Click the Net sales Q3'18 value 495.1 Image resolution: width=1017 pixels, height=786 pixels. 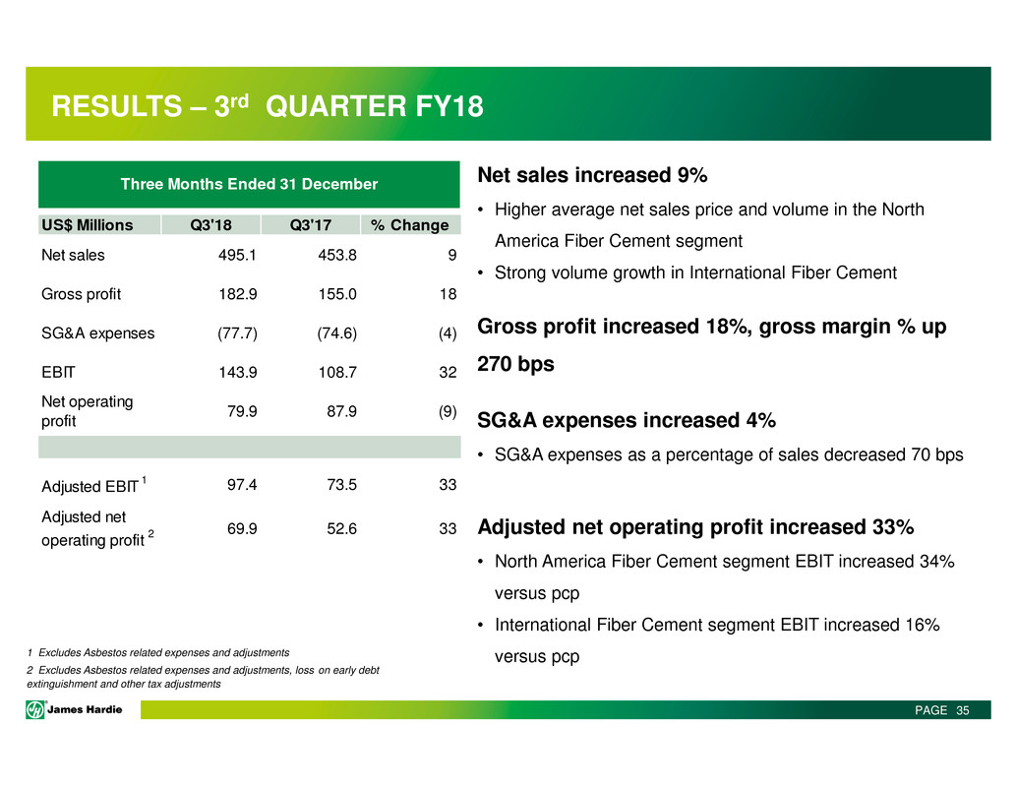click(238, 255)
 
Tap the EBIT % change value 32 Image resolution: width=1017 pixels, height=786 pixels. click(449, 372)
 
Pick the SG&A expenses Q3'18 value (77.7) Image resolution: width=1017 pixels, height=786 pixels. click(236, 333)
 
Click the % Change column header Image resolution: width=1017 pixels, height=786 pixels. click(410, 224)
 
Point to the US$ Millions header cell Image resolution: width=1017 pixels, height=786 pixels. click(88, 224)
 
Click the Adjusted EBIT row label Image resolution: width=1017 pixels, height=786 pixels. click(90, 485)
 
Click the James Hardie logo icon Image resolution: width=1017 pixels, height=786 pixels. click(36, 710)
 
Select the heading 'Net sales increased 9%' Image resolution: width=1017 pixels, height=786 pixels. click(592, 176)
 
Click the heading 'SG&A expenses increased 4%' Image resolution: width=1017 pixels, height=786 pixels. click(627, 421)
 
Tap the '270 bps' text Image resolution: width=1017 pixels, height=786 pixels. click(515, 364)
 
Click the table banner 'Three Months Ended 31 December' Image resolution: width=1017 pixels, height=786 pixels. click(249, 184)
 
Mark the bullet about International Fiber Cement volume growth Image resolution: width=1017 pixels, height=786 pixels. click(695, 272)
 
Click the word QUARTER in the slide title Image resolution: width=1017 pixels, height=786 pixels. click(332, 106)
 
